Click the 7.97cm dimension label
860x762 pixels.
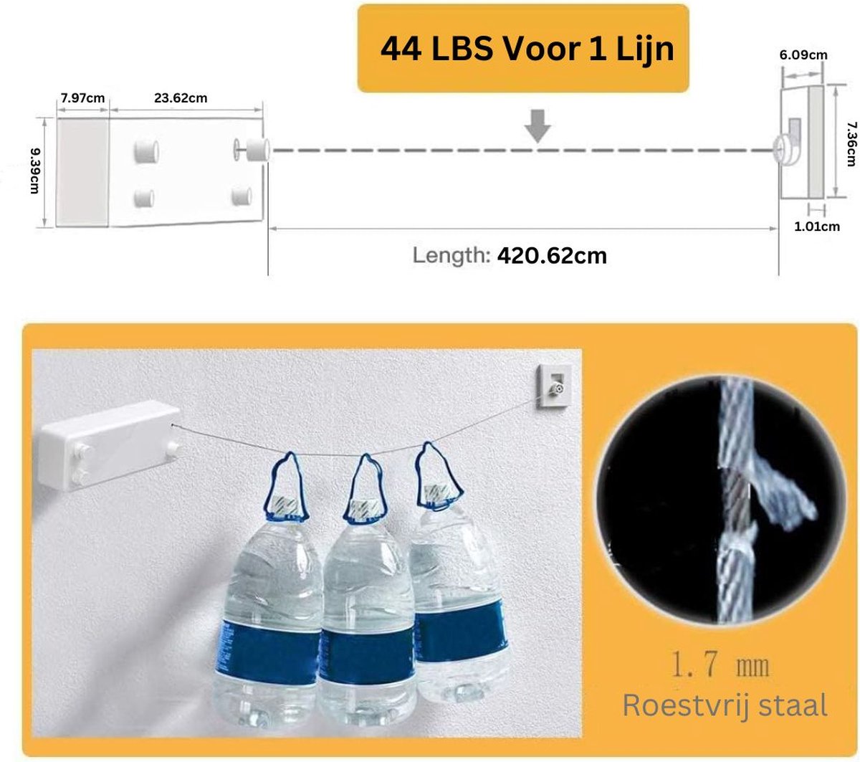[x=82, y=98]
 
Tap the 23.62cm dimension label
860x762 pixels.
[x=181, y=98]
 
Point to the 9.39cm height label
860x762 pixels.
[x=35, y=171]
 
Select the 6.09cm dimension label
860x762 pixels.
[x=803, y=54]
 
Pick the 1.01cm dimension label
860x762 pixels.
[x=817, y=227]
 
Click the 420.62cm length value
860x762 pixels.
[x=552, y=256]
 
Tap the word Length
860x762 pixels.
[x=451, y=256]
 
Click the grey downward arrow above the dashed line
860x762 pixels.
[x=537, y=126]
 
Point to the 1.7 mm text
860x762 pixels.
[x=720, y=665]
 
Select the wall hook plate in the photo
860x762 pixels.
[x=553, y=386]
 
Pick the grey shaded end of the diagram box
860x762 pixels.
[x=82, y=172]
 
